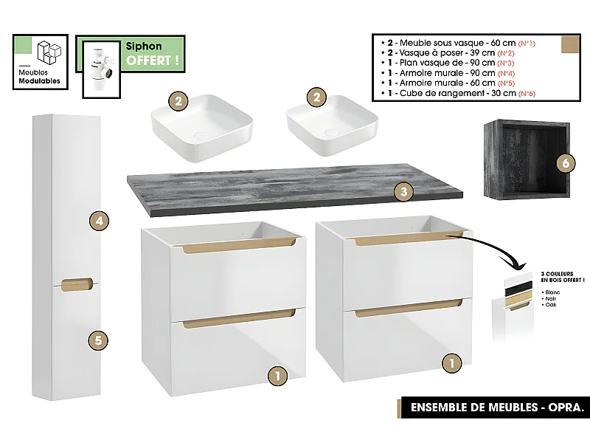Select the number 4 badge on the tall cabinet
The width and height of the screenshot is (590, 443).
[x=98, y=220]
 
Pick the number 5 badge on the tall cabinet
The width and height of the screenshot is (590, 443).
[x=98, y=340]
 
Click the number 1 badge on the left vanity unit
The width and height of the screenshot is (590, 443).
[x=277, y=375]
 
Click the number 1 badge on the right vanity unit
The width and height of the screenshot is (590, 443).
[x=451, y=363]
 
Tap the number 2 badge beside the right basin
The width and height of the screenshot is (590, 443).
[x=316, y=97]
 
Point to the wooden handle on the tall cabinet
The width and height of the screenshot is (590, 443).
[x=77, y=283]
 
